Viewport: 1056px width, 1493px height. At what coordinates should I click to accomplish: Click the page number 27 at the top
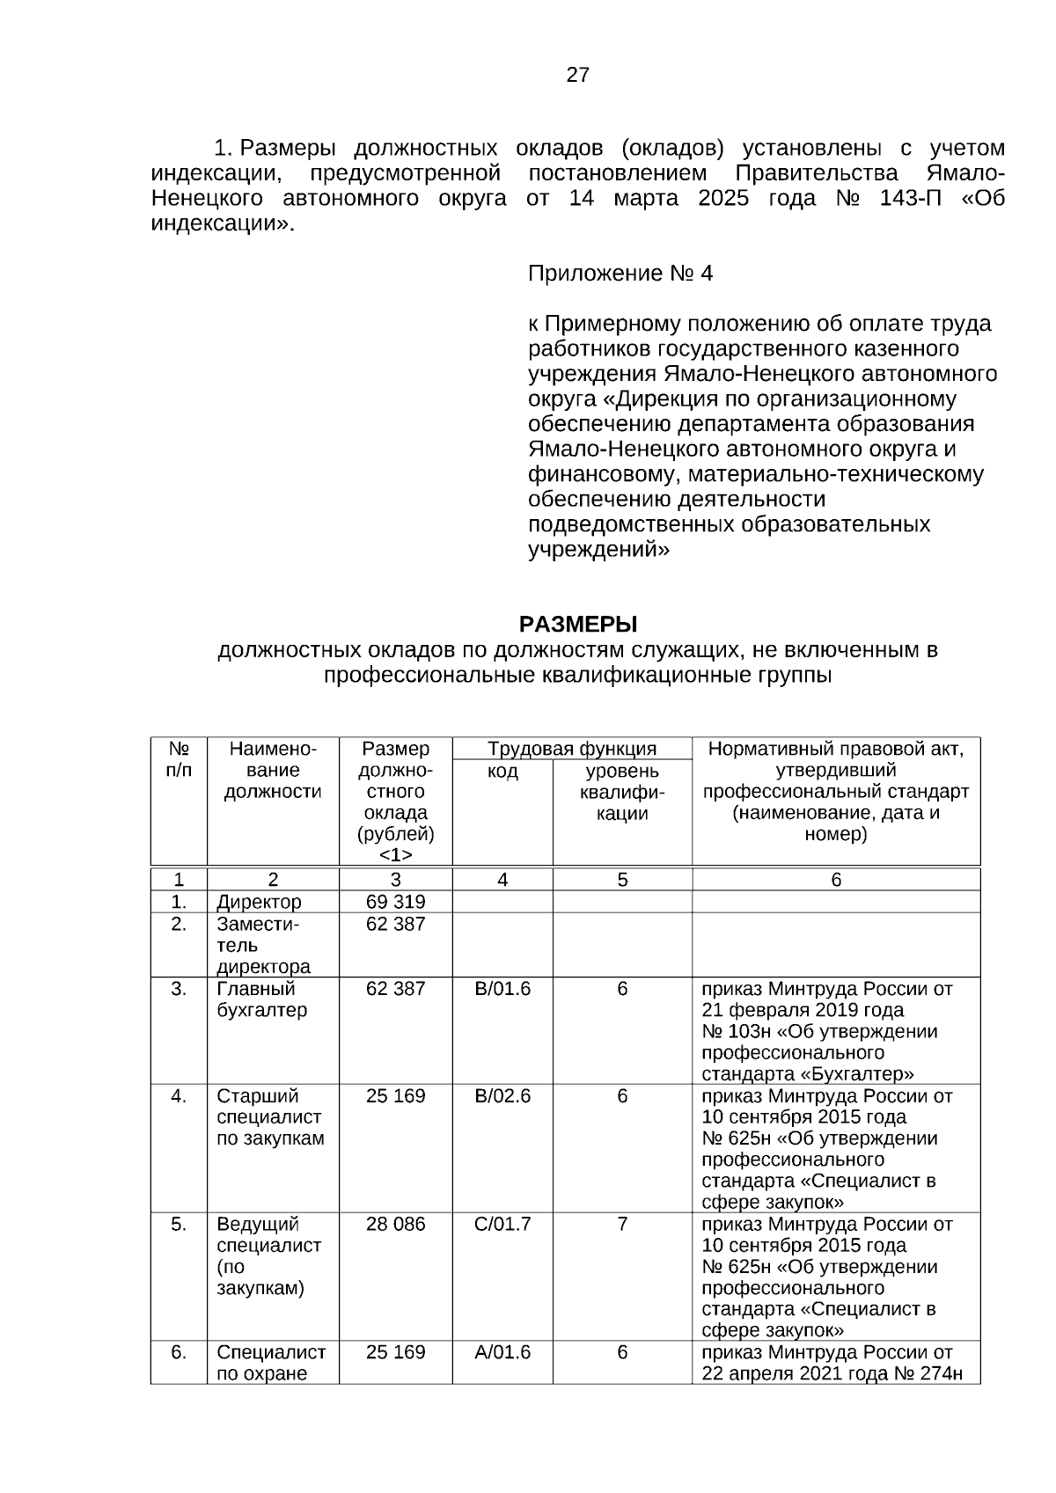(577, 75)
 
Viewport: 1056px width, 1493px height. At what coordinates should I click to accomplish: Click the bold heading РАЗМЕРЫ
(577, 625)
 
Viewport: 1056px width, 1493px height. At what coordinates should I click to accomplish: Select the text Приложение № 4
(620, 274)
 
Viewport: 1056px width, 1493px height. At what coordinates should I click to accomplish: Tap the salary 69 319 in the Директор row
(395, 902)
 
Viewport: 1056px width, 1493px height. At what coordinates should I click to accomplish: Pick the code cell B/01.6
(502, 989)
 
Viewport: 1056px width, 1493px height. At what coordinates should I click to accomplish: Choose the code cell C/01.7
(502, 1224)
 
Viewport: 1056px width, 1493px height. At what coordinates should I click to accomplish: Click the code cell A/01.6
(502, 1352)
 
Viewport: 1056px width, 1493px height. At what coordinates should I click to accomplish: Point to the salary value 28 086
(395, 1224)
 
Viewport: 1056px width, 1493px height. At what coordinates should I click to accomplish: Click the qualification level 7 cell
(622, 1224)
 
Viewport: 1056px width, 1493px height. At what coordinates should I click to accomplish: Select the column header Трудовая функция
(572, 750)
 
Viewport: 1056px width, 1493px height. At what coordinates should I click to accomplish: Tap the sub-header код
(502, 772)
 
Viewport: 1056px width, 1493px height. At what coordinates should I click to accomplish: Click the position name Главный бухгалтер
(262, 999)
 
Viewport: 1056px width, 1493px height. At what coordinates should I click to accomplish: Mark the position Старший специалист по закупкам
(270, 1117)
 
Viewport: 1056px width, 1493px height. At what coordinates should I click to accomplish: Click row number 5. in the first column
(179, 1224)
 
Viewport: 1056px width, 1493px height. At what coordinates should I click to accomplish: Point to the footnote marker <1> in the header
(395, 855)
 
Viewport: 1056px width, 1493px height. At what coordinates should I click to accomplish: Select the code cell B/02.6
(502, 1096)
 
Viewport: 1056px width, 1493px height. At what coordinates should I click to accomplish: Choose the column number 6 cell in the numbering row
(836, 880)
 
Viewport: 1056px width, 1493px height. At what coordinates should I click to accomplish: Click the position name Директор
(259, 902)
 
